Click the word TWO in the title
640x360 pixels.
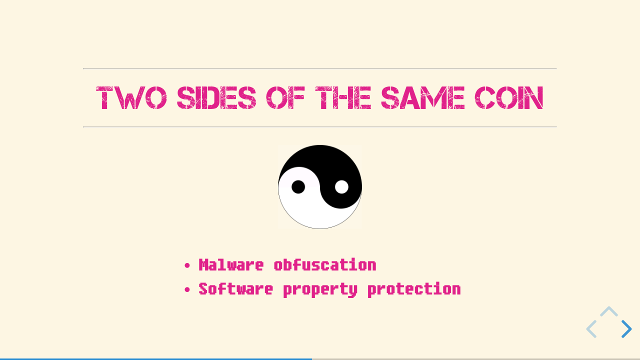[131, 97]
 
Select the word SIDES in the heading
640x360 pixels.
[216, 97]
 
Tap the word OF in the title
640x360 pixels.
[285, 97]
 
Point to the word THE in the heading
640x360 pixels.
[343, 97]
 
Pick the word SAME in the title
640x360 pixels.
[423, 97]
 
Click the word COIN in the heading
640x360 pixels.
[509, 97]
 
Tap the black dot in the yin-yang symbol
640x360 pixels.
[298, 187]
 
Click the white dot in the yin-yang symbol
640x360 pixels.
[341, 187]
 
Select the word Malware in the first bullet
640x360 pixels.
[231, 265]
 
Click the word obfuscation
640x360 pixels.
[325, 265]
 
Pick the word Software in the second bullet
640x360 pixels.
[235, 289]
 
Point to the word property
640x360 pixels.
[320, 290]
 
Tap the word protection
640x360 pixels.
[414, 290]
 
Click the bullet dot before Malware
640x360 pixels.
[187, 265]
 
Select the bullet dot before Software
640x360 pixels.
[187, 289]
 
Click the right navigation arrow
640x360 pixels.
[626, 329]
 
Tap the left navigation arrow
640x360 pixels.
[591, 329]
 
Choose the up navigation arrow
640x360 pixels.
[609, 311]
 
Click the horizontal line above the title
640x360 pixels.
[319, 68]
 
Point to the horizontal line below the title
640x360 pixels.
[319, 127]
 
